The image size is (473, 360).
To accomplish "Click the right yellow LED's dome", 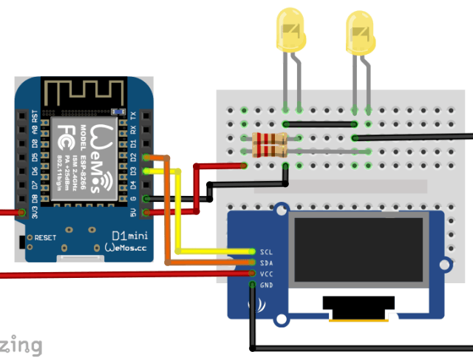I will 361,31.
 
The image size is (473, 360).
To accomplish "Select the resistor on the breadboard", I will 270,144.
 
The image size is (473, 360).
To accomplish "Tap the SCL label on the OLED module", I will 267,251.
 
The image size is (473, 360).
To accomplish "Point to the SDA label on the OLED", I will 267,262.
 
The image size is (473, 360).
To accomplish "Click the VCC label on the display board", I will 267,274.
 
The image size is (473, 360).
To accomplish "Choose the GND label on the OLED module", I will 267,285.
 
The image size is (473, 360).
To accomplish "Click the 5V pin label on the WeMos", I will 133,213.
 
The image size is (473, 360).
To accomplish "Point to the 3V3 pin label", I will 35,213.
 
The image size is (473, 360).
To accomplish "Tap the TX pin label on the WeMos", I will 133,116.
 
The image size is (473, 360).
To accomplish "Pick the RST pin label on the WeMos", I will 35,116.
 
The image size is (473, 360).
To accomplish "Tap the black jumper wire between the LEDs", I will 321,123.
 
